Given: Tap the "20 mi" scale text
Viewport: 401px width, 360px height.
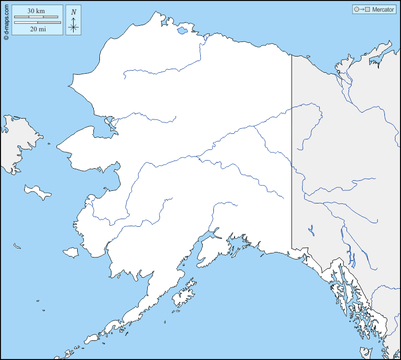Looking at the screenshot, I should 37,29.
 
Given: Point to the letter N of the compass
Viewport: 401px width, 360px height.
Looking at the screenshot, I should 74,12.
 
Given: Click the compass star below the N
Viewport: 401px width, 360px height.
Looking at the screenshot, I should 74,27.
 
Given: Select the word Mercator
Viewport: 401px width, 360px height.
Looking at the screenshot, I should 383,10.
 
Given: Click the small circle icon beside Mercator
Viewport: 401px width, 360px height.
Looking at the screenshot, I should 357,10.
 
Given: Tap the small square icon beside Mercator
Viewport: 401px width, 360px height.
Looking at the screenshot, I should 368,10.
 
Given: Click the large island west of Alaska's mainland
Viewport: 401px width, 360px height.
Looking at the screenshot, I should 37,191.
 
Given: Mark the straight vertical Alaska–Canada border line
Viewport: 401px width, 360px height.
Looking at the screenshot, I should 292,151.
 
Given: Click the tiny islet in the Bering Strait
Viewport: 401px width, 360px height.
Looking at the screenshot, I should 49,144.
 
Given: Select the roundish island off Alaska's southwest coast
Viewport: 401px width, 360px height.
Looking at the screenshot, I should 71,252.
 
